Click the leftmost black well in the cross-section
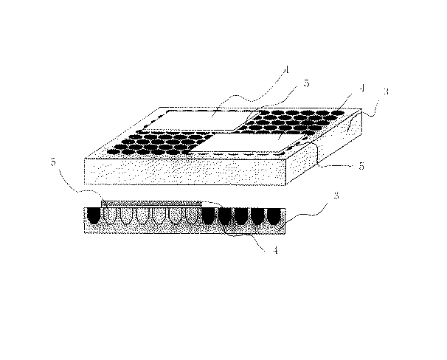pos(94,215)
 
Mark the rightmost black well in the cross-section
pos(273,216)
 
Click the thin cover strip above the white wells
pos(151,203)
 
